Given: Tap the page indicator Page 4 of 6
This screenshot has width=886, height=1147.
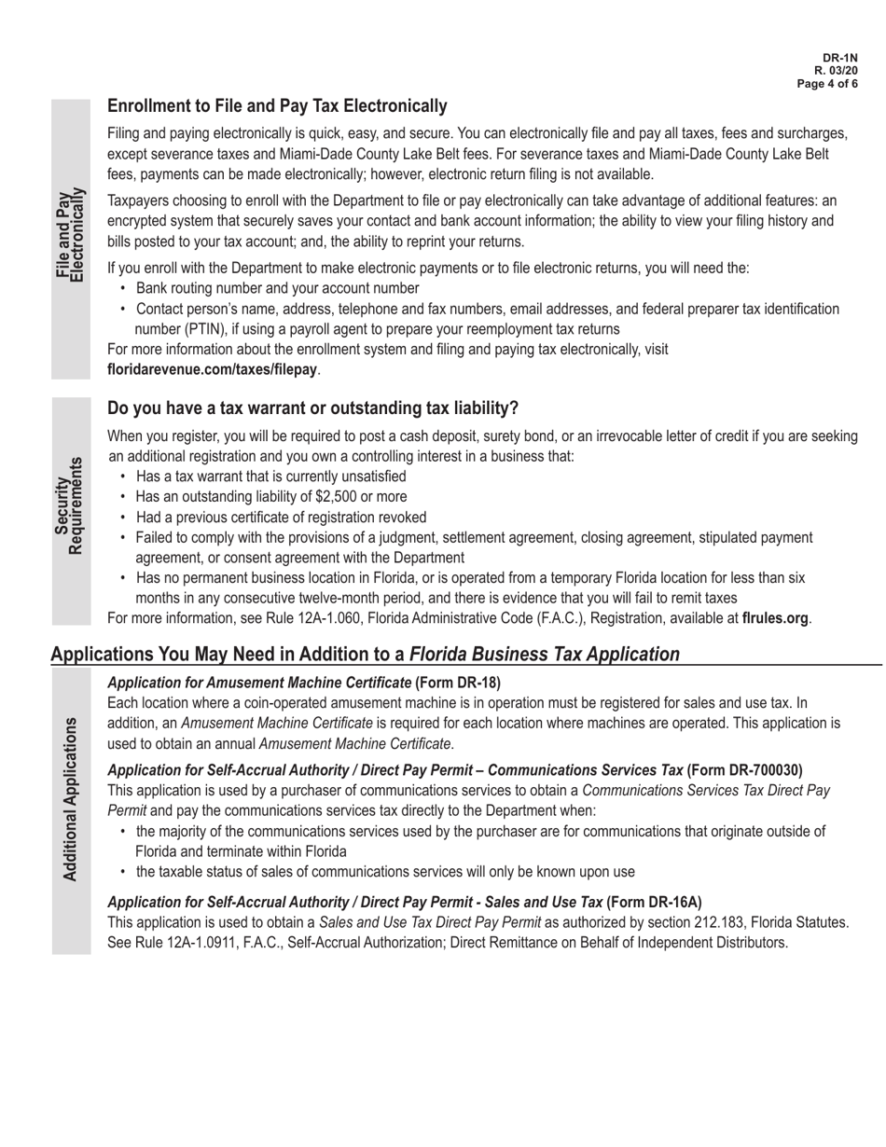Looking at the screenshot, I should coord(826,83).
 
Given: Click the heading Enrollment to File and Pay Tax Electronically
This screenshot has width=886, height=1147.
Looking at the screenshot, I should coord(277,106).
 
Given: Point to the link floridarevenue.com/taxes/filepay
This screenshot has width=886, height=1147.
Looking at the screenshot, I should coord(213,370).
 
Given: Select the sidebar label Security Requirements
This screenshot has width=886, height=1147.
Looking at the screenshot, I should coord(70,505).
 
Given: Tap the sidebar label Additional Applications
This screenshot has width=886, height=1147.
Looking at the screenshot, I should coord(70,799).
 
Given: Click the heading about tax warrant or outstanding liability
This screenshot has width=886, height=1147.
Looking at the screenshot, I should coord(312,408).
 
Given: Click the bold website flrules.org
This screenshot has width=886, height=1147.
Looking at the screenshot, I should coord(774,618).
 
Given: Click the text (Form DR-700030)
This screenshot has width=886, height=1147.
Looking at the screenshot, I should coord(744,770).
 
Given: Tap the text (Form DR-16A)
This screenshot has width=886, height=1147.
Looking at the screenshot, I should coord(654,902).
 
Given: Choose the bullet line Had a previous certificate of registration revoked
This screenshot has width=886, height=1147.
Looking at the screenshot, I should coord(281,518).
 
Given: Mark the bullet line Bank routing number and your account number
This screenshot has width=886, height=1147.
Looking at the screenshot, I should coord(277,288).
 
